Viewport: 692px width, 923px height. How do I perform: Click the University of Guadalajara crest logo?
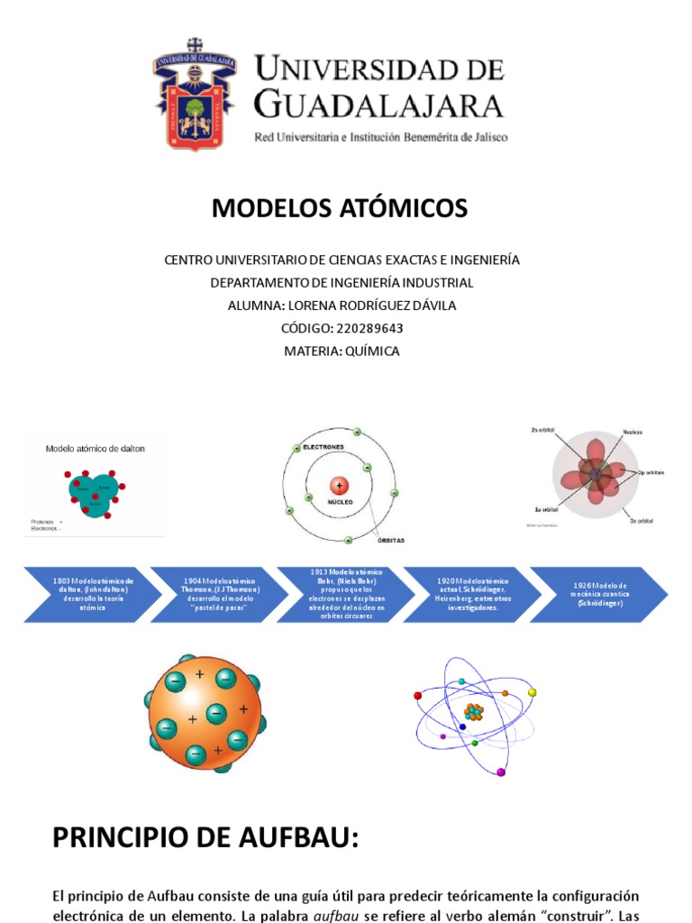195,94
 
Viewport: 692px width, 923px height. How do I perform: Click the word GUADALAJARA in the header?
378,105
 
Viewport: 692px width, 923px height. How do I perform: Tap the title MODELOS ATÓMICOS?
340,209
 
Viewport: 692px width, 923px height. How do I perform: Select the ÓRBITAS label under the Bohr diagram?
391,541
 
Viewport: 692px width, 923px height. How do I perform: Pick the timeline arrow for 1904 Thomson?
220,595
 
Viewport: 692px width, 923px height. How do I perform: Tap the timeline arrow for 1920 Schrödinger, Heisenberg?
472,595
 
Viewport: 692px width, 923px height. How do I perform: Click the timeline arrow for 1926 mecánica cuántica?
598,595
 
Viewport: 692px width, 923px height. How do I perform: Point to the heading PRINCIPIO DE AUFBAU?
205,838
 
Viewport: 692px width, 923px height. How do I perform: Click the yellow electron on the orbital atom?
532,692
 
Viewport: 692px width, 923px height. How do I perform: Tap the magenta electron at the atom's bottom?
501,772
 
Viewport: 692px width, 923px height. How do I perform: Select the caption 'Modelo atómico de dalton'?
95,448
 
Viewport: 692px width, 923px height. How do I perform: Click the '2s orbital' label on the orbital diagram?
543,430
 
